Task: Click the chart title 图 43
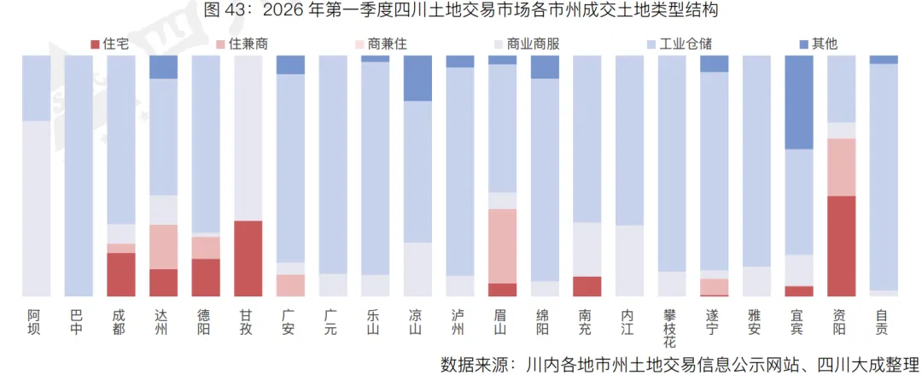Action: pos(460,11)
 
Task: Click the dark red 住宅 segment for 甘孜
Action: pos(248,258)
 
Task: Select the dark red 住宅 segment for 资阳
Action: pos(842,246)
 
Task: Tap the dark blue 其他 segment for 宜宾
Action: pos(799,103)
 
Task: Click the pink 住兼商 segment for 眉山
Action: pos(503,246)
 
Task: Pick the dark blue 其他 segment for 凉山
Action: pos(417,79)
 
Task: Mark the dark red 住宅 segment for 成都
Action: pos(120,274)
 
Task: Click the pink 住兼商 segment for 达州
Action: pos(163,247)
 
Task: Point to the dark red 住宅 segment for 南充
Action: pos(587,286)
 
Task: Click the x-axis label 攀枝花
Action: pos(672,329)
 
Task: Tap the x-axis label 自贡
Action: pos(884,322)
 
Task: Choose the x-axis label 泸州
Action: pos(459,322)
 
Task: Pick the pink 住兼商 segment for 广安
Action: pos(290,285)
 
